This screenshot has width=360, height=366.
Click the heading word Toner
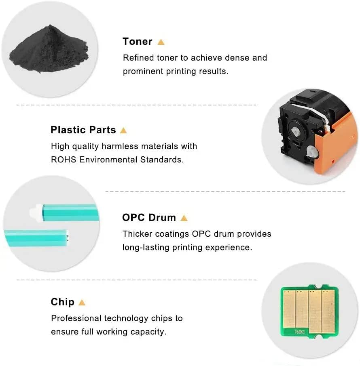[x=138, y=41]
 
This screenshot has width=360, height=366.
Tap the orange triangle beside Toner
[x=161, y=42]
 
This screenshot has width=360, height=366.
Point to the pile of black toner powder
[x=49, y=49]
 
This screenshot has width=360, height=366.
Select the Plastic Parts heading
[x=83, y=130]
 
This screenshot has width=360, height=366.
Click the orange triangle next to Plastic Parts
[x=123, y=130]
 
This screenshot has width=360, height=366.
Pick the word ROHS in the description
[x=64, y=160]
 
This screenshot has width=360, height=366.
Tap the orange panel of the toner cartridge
[x=335, y=145]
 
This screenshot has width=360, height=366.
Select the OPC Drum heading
[x=149, y=217]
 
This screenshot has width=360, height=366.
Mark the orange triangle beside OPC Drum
[x=184, y=218]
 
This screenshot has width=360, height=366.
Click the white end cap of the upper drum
[x=36, y=212]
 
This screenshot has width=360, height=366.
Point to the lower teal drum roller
[x=36, y=238]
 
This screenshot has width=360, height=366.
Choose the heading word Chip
[x=63, y=302]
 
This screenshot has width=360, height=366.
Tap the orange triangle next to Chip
[x=82, y=303]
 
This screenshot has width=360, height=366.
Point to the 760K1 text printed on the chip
[x=299, y=331]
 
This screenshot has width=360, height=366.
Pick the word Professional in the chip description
[x=76, y=318]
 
